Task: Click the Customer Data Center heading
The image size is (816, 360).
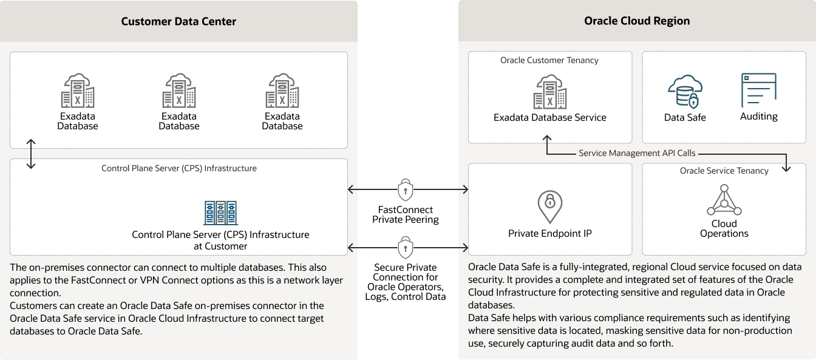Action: pyautogui.click(x=178, y=21)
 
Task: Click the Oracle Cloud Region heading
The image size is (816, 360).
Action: pyautogui.click(x=637, y=21)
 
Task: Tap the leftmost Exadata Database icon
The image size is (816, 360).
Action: pyautogui.click(x=78, y=91)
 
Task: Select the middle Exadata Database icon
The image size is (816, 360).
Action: pyautogui.click(x=179, y=91)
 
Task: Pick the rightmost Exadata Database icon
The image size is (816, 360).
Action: pyautogui.click(x=282, y=91)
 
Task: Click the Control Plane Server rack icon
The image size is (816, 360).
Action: pyautogui.click(x=220, y=213)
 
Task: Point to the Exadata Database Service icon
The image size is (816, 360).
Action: pyautogui.click(x=550, y=92)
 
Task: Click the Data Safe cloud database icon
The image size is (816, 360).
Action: pyautogui.click(x=684, y=92)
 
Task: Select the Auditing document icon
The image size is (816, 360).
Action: pyautogui.click(x=758, y=90)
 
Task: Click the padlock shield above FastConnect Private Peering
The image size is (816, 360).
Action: pyautogui.click(x=406, y=190)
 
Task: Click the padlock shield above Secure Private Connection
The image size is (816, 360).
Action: pyautogui.click(x=406, y=248)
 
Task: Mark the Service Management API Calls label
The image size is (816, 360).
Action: pyautogui.click(x=637, y=154)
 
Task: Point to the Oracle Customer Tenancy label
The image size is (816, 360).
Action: pyautogui.click(x=549, y=60)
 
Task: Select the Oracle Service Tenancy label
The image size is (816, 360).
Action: pyautogui.click(x=724, y=171)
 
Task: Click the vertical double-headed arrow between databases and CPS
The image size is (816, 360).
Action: pyautogui.click(x=32, y=154)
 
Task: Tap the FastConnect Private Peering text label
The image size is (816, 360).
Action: pyautogui.click(x=406, y=215)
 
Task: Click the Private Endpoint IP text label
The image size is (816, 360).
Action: pyautogui.click(x=550, y=234)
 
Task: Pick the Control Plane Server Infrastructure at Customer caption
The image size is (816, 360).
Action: pyautogui.click(x=220, y=240)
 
